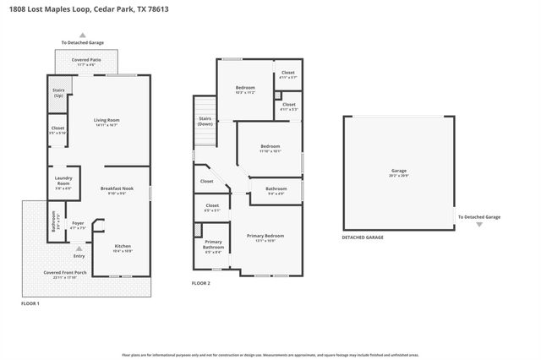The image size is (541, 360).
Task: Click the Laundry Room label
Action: point(63,180)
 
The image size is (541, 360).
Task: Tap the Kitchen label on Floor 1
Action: point(123,247)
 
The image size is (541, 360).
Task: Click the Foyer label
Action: point(78,224)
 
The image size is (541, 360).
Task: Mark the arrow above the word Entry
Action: point(79,248)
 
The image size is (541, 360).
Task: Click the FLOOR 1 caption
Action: point(30,302)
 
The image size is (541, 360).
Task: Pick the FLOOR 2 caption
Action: point(200,283)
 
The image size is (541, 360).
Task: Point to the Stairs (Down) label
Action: point(205,122)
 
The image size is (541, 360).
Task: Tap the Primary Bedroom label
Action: point(265,236)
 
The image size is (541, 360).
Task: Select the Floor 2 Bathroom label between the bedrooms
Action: point(276,189)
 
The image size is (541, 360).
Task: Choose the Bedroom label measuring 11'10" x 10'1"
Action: point(269,148)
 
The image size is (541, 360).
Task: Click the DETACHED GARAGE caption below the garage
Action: point(363,237)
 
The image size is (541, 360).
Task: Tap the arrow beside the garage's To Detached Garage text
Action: point(479,225)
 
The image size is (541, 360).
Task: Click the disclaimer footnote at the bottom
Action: point(270,343)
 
